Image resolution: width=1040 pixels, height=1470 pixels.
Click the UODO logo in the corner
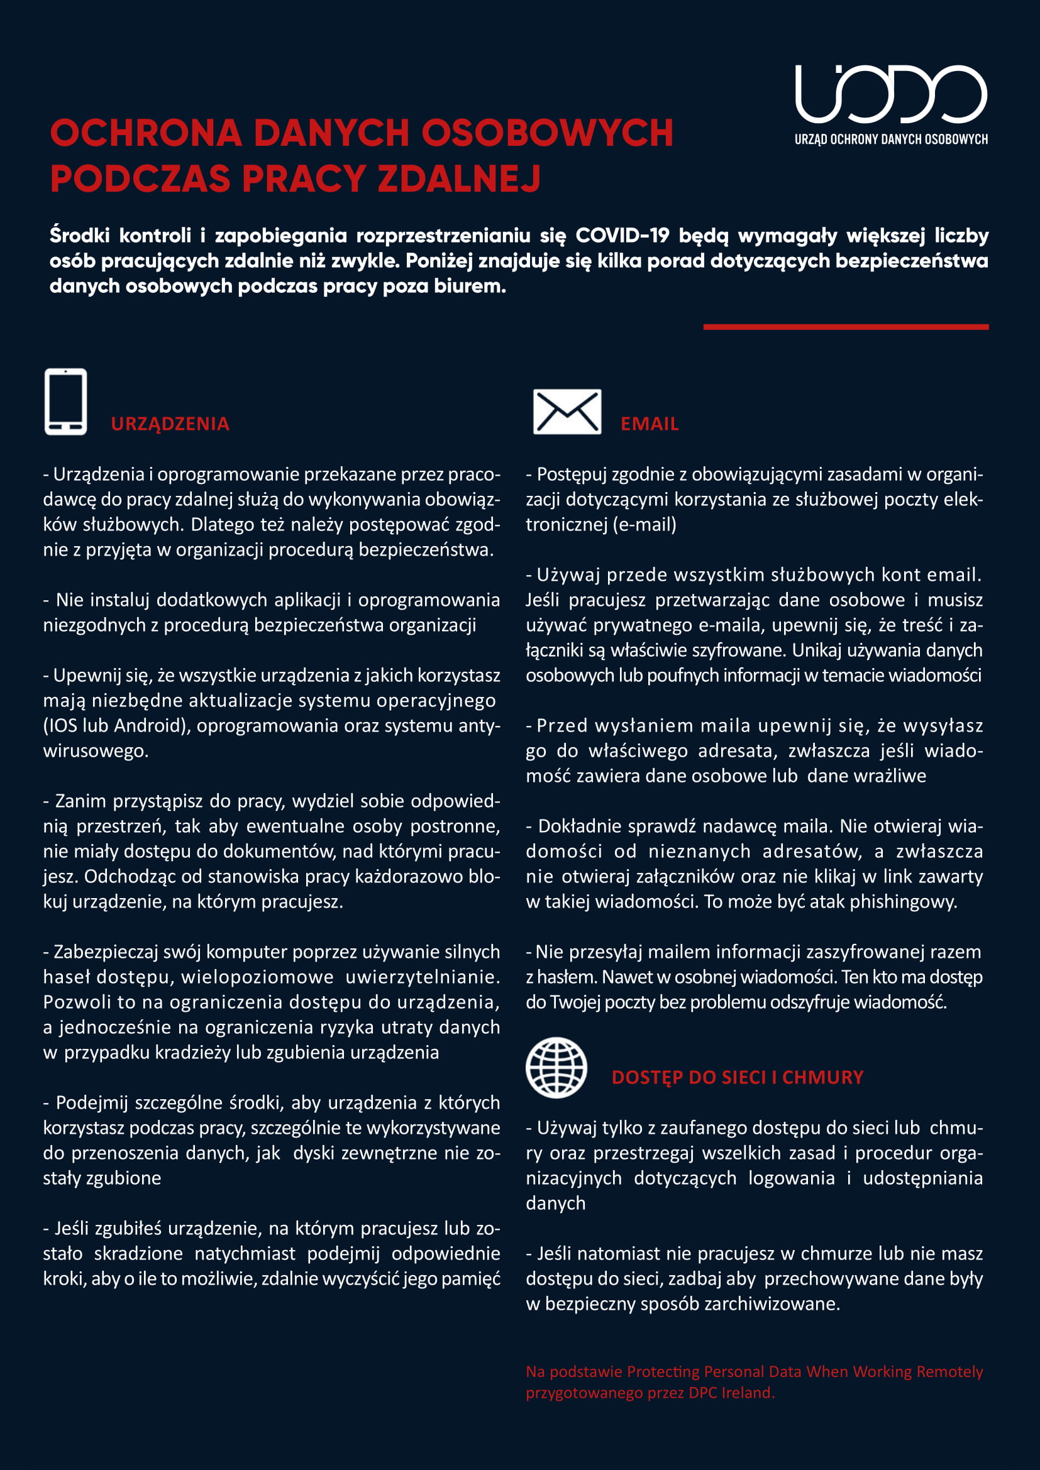[890, 94]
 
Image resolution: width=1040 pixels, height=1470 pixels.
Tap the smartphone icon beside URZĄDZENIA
[65, 402]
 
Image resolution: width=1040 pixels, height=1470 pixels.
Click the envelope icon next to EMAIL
[567, 412]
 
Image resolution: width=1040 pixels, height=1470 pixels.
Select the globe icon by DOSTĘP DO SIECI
[556, 1068]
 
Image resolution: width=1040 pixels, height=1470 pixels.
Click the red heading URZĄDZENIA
[170, 424]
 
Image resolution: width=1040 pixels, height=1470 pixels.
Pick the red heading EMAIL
[650, 424]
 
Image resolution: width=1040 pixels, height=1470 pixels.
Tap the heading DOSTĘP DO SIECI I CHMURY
[737, 1078]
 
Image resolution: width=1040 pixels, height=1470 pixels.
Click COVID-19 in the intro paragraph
[622, 236]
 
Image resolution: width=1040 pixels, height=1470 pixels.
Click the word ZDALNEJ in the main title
[459, 178]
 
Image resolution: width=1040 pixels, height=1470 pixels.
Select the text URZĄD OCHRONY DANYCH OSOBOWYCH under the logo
[891, 139]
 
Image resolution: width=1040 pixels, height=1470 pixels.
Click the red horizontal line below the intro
[845, 327]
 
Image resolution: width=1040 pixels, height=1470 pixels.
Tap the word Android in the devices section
[155, 725]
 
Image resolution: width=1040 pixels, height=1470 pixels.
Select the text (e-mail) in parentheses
[644, 524]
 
